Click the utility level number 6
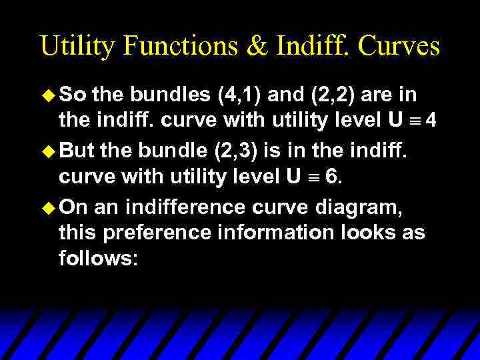(x=331, y=179)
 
